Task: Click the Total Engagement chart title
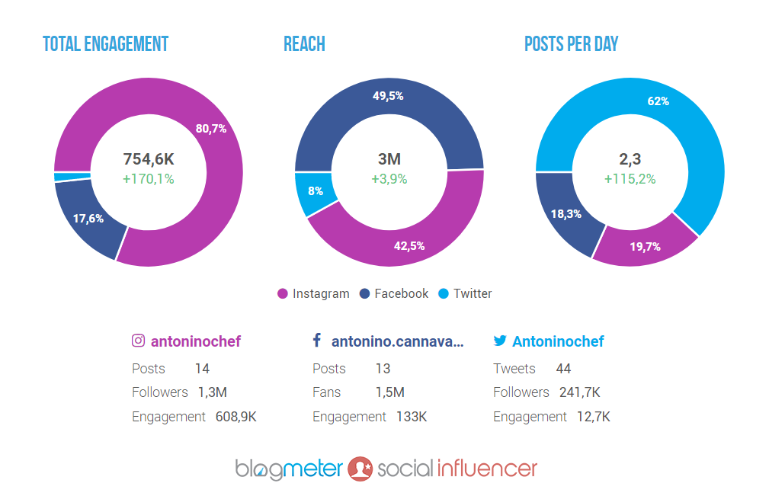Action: (105, 44)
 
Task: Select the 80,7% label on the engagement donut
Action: (211, 129)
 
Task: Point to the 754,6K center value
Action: (149, 159)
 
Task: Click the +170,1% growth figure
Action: (149, 179)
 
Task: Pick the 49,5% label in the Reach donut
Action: (388, 96)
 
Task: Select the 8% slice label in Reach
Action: (316, 191)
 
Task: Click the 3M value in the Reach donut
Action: (389, 159)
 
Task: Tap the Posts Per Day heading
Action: (571, 44)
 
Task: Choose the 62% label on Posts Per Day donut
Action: (658, 101)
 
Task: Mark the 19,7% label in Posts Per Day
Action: (645, 246)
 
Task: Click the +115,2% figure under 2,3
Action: (630, 179)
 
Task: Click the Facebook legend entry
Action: (394, 294)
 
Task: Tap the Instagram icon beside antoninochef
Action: (138, 341)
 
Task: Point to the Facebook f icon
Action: (317, 341)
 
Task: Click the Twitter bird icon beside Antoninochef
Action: (500, 341)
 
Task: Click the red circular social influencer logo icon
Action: (360, 469)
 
